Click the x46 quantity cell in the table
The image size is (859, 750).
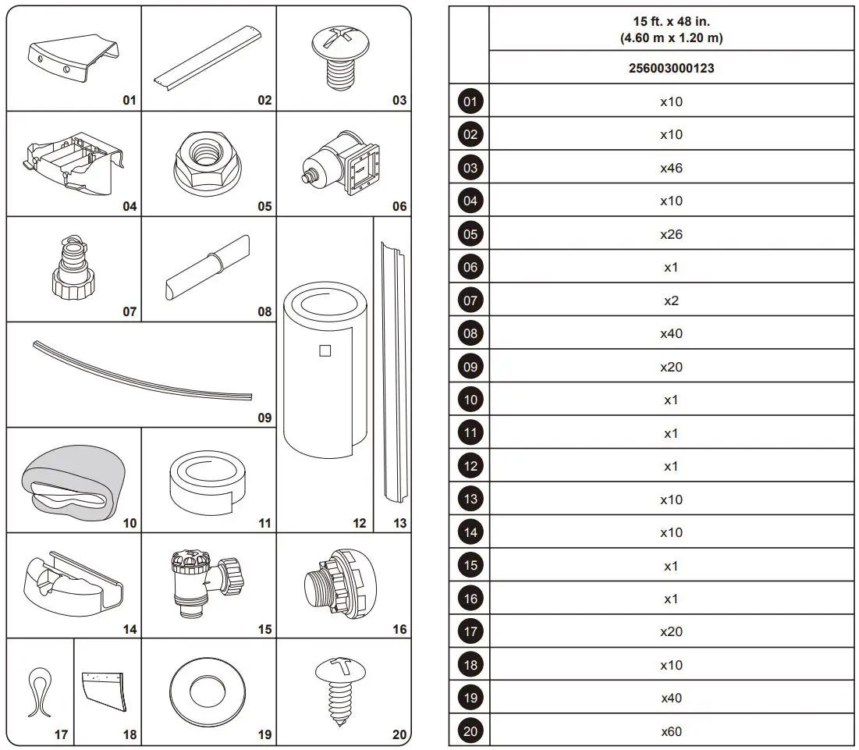click(x=671, y=168)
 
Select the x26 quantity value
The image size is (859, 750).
click(x=671, y=234)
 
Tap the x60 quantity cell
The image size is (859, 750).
click(x=671, y=731)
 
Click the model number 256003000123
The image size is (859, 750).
click(x=671, y=68)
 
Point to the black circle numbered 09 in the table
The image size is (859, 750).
click(x=470, y=367)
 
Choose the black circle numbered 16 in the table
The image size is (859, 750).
click(x=470, y=599)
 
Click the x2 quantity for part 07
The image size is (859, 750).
click(x=671, y=300)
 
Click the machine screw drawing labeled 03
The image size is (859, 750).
click(x=343, y=55)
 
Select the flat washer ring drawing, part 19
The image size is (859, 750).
click(x=208, y=690)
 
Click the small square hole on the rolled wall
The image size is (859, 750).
click(x=325, y=350)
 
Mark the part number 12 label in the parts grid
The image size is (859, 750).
click(x=359, y=523)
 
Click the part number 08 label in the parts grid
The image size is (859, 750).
click(x=264, y=311)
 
